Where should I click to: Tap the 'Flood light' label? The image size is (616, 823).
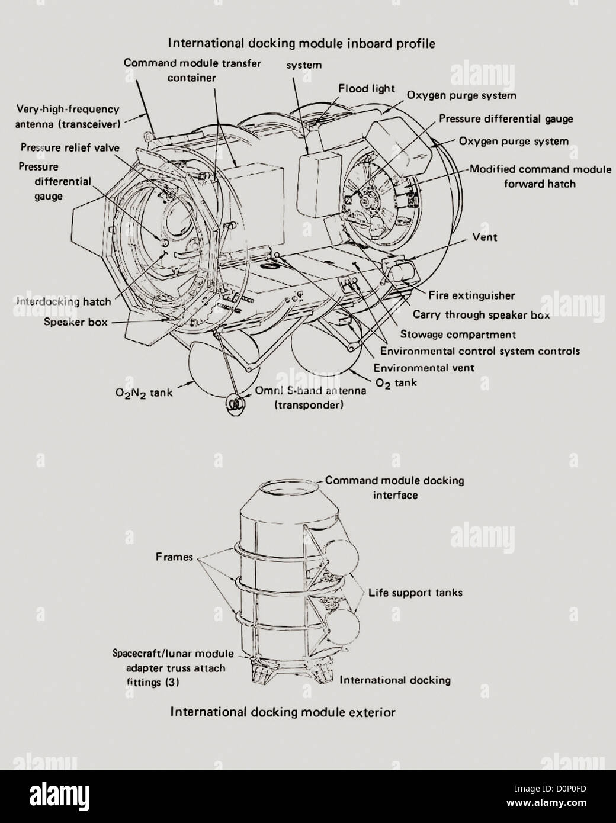(x=366, y=88)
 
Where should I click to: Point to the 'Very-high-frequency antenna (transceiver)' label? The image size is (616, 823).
(x=68, y=117)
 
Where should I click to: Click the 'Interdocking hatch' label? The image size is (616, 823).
(x=64, y=301)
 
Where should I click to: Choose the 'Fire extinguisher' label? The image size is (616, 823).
(x=471, y=295)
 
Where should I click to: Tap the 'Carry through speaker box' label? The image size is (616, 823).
(x=481, y=314)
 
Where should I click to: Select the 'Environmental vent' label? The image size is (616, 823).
(x=423, y=367)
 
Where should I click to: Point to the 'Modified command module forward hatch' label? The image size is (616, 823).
(x=540, y=176)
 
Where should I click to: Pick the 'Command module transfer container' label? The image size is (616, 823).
(x=192, y=69)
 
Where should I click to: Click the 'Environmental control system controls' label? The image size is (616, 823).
(x=480, y=351)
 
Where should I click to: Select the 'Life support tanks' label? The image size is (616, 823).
(x=415, y=592)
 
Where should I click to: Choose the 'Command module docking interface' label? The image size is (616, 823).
(x=394, y=487)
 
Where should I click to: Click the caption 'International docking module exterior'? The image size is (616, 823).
(x=283, y=712)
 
